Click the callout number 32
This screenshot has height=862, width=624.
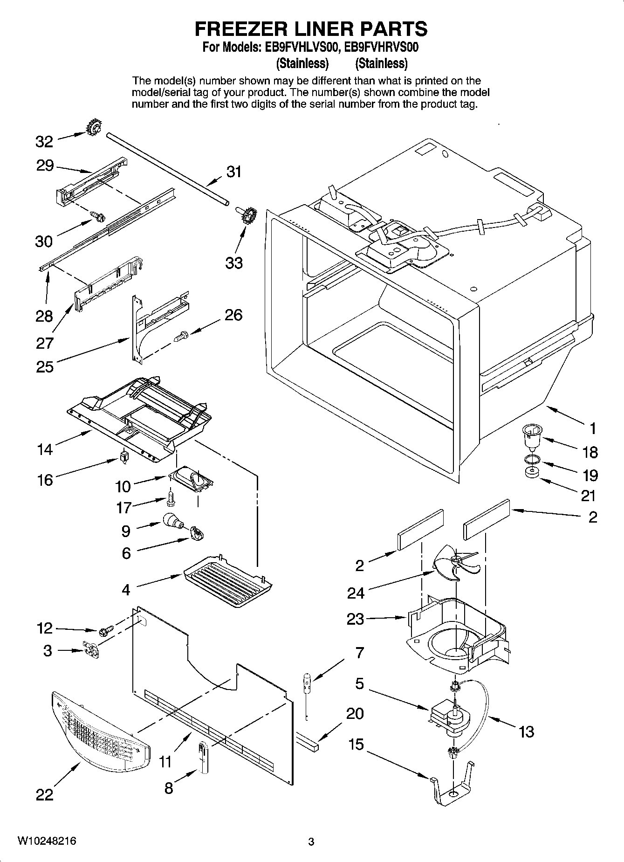(x=45, y=141)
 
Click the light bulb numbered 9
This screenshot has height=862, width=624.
(x=172, y=521)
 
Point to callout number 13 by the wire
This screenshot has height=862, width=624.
(x=526, y=731)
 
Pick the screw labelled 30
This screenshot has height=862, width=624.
(x=98, y=216)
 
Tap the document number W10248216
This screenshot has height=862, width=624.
(x=47, y=841)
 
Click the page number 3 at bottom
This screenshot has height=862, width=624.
(x=311, y=841)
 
